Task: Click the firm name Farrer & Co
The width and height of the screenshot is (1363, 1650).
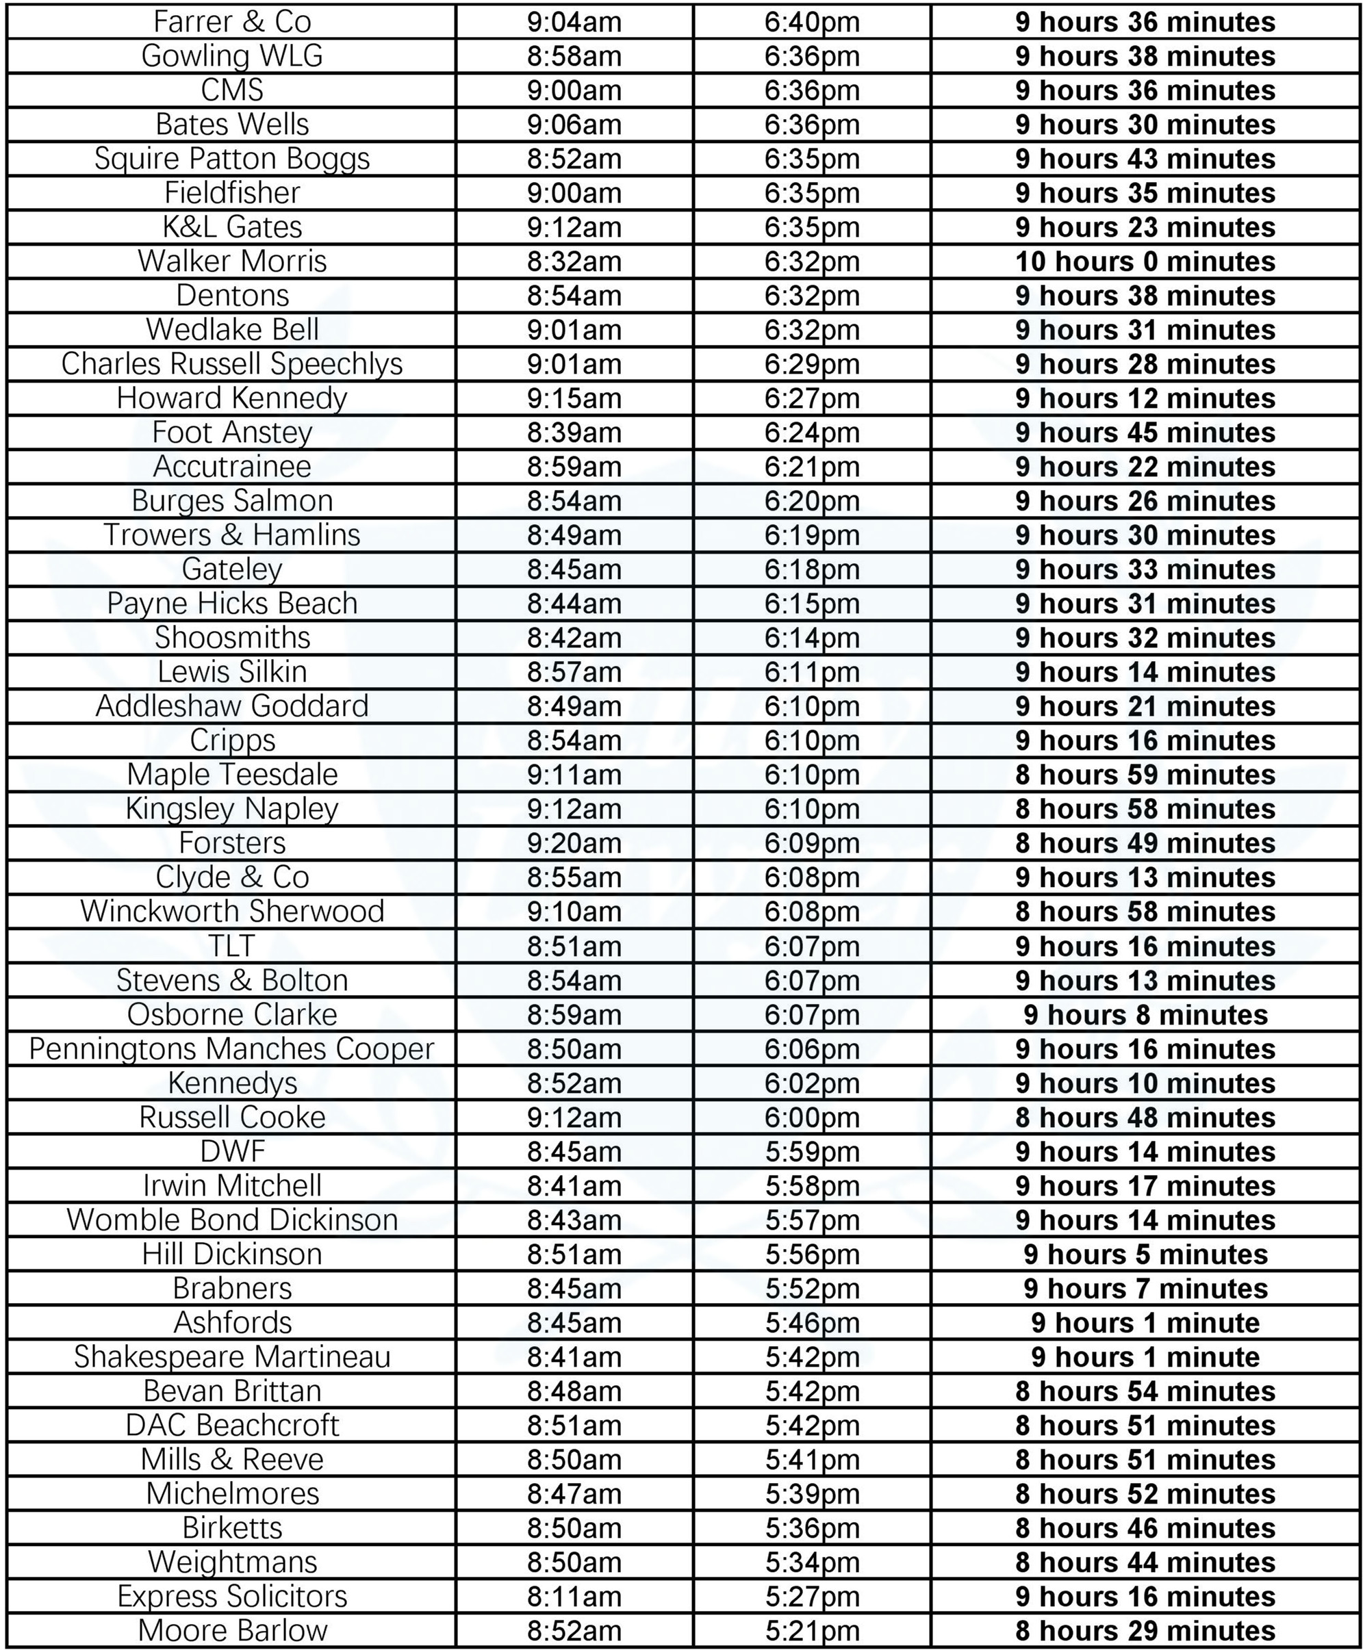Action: tap(231, 22)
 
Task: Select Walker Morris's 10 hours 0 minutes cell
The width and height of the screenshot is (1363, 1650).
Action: tap(1145, 261)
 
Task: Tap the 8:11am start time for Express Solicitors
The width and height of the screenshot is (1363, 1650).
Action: tap(574, 1597)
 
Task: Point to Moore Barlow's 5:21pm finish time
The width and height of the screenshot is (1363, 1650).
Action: tap(812, 1630)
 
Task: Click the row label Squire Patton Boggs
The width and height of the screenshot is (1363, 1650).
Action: tap(231, 159)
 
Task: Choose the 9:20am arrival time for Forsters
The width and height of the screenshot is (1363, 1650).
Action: tap(574, 843)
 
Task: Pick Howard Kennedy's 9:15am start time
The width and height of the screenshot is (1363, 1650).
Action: tap(574, 398)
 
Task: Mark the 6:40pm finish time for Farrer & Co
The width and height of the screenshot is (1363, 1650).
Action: tap(812, 22)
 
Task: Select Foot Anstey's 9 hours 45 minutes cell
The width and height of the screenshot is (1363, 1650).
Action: tap(1145, 433)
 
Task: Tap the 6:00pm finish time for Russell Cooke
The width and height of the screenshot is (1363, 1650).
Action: tap(812, 1117)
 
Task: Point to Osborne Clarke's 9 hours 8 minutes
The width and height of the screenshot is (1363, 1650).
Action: tap(1145, 1015)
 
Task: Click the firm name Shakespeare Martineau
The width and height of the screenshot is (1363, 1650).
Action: tap(231, 1357)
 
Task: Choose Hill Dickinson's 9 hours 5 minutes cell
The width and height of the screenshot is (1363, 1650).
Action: tap(1145, 1254)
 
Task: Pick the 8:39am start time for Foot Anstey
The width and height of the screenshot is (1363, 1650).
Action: tap(574, 433)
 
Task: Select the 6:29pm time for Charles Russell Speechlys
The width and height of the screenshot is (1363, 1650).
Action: tap(812, 364)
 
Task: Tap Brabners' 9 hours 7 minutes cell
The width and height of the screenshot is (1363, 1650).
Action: tap(1145, 1289)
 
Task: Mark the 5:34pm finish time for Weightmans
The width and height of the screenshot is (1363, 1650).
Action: tap(812, 1562)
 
